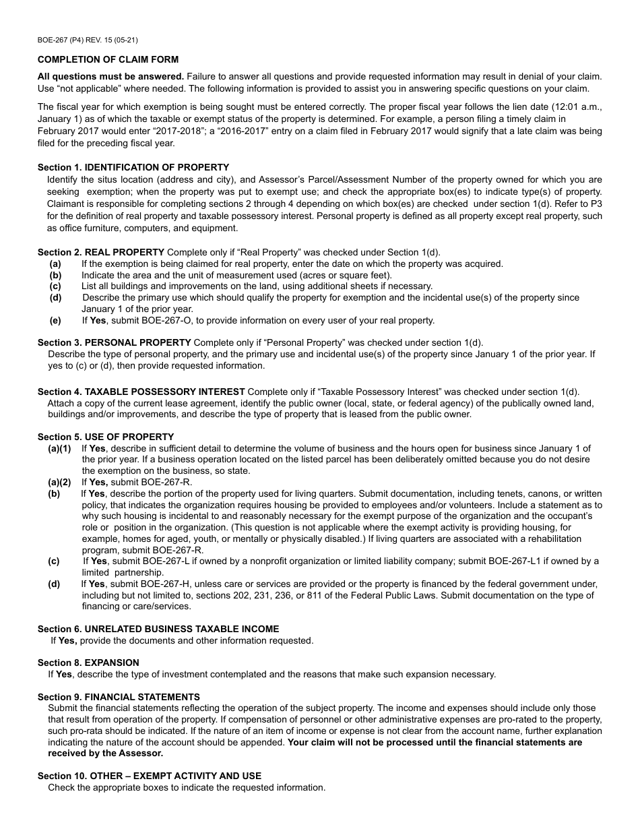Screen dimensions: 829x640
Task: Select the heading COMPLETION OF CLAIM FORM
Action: pos(108,59)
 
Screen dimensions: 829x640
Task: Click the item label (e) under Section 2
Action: pos(55,320)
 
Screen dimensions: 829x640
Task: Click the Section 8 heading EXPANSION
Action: pos(112,663)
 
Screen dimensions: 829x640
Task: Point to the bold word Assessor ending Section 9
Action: pos(141,753)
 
